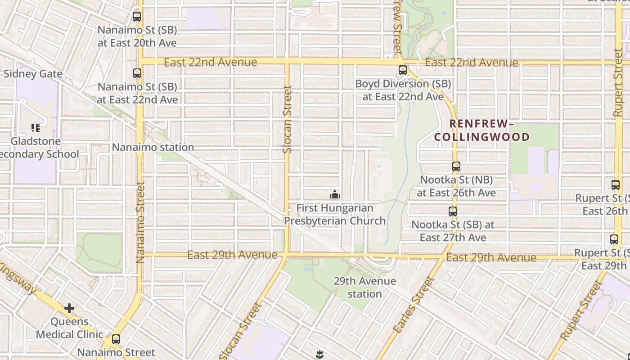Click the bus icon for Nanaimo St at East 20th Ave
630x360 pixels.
point(137,17)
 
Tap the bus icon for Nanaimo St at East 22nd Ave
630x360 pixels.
point(137,73)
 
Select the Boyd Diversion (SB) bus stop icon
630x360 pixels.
point(403,70)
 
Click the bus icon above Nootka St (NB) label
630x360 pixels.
point(456,166)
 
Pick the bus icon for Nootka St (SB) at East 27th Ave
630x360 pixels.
point(453,211)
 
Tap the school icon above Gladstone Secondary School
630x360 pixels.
point(36,128)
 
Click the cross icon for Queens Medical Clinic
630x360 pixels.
point(69,308)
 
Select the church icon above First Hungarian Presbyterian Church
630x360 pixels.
point(334,194)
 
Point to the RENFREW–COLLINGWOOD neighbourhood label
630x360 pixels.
point(482,130)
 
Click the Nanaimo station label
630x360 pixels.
point(153,147)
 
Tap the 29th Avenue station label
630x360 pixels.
point(364,288)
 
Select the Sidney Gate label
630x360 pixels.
point(33,74)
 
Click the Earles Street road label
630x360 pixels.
point(413,305)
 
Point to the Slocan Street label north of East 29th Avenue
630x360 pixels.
point(287,119)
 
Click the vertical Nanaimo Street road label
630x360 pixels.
point(140,223)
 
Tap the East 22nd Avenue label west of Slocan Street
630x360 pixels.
point(210,63)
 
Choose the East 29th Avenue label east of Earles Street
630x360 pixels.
point(491,258)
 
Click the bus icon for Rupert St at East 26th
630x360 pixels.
point(616,184)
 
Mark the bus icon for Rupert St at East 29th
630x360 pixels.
point(614,239)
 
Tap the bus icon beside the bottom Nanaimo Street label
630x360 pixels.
point(116,339)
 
